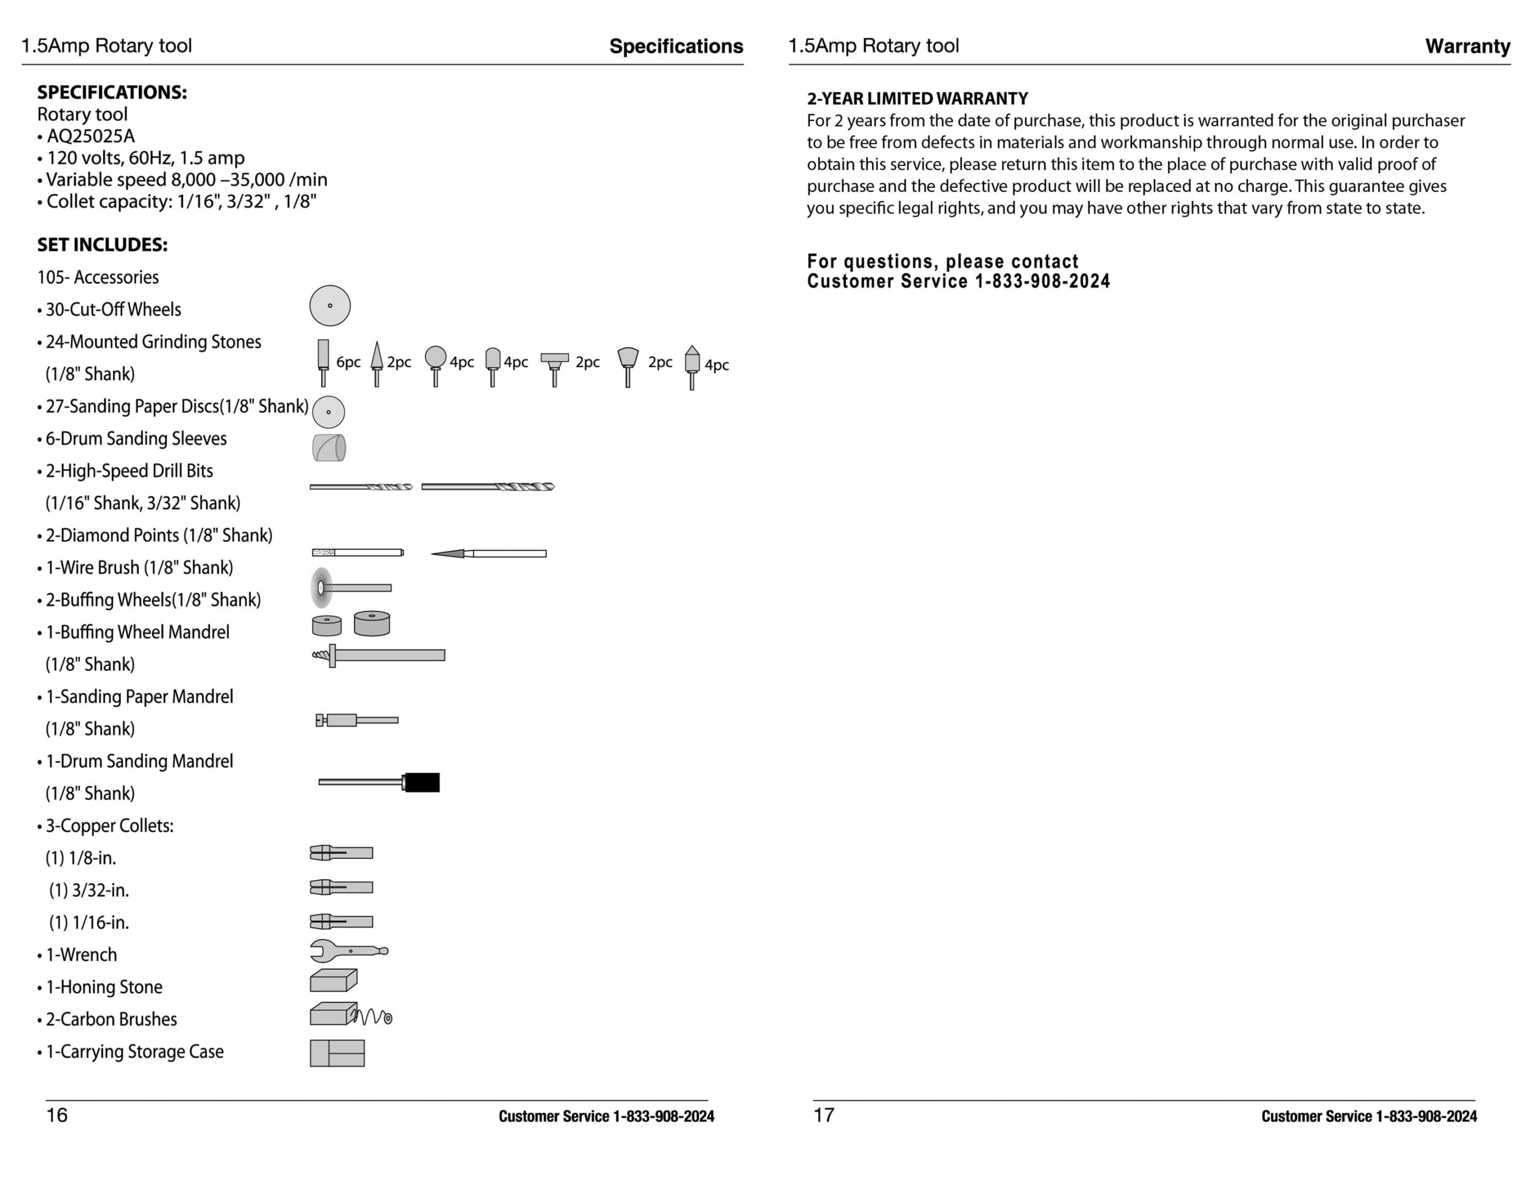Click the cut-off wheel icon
[330, 305]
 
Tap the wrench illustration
[348, 951]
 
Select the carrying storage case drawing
[337, 1053]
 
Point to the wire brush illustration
[349, 588]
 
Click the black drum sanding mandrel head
[422, 782]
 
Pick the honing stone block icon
[333, 980]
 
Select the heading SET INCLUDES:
[102, 244]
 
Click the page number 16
[57, 1115]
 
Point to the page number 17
[824, 1115]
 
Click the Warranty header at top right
[1468, 46]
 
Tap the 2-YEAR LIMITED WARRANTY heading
[917, 98]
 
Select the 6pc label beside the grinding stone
[348, 362]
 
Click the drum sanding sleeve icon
[328, 448]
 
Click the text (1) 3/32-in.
[89, 890]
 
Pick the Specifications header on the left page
[675, 46]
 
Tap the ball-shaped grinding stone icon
[435, 357]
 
